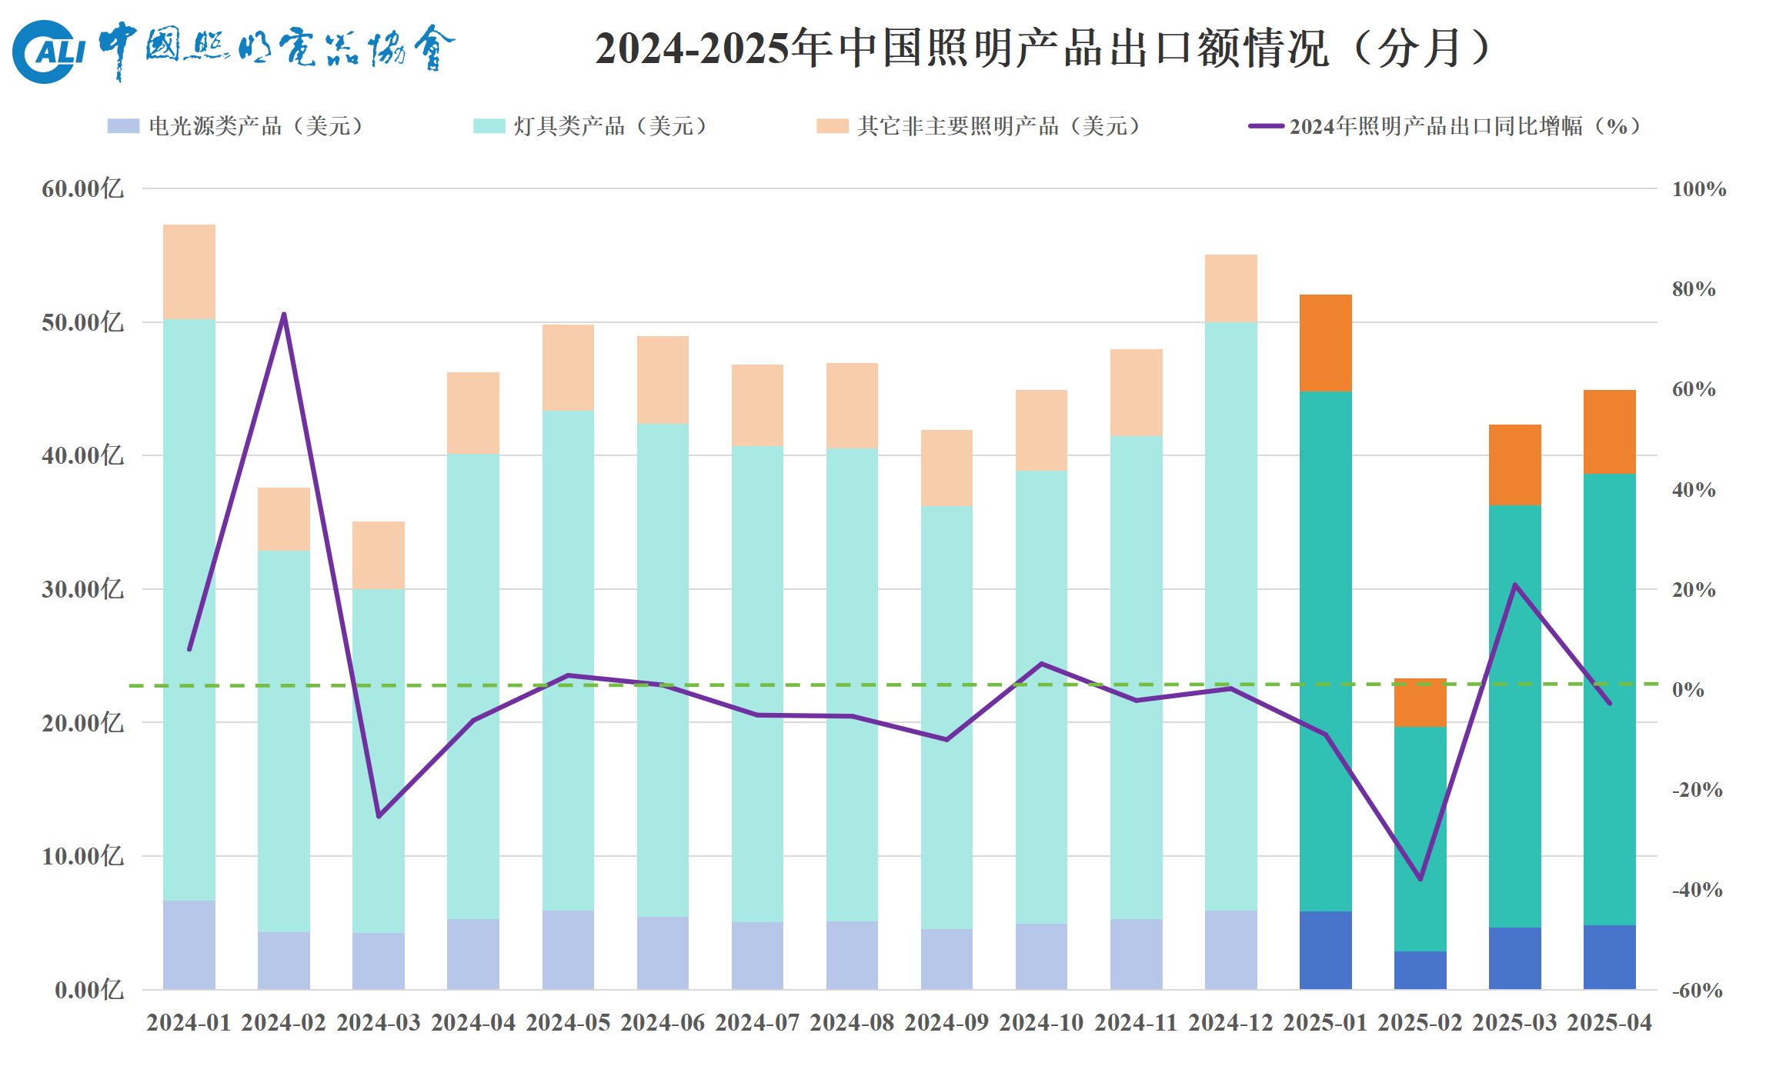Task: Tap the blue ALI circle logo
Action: pyautogui.click(x=48, y=52)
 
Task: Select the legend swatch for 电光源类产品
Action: pyautogui.click(x=123, y=126)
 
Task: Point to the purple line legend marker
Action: pyautogui.click(x=1266, y=126)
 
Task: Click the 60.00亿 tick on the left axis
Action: pyautogui.click(x=82, y=188)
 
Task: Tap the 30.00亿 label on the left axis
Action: pyautogui.click(x=82, y=589)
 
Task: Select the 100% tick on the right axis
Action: pyautogui.click(x=1698, y=189)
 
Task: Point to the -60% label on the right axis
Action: pyautogui.click(x=1697, y=991)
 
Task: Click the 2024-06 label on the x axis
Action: pyautogui.click(x=663, y=1023)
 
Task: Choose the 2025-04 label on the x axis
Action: pyautogui.click(x=1610, y=1023)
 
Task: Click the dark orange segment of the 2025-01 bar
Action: pyautogui.click(x=1325, y=343)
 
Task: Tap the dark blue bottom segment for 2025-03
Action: pyautogui.click(x=1514, y=958)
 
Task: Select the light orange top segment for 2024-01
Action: pyautogui.click(x=189, y=271)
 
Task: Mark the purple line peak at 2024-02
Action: pyautogui.click(x=284, y=315)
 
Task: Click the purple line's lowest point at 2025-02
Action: pyautogui.click(x=1420, y=878)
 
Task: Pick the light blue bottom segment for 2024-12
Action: pyautogui.click(x=1230, y=950)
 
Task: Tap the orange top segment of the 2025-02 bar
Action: pyautogui.click(x=1420, y=702)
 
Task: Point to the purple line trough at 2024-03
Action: pyautogui.click(x=379, y=816)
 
